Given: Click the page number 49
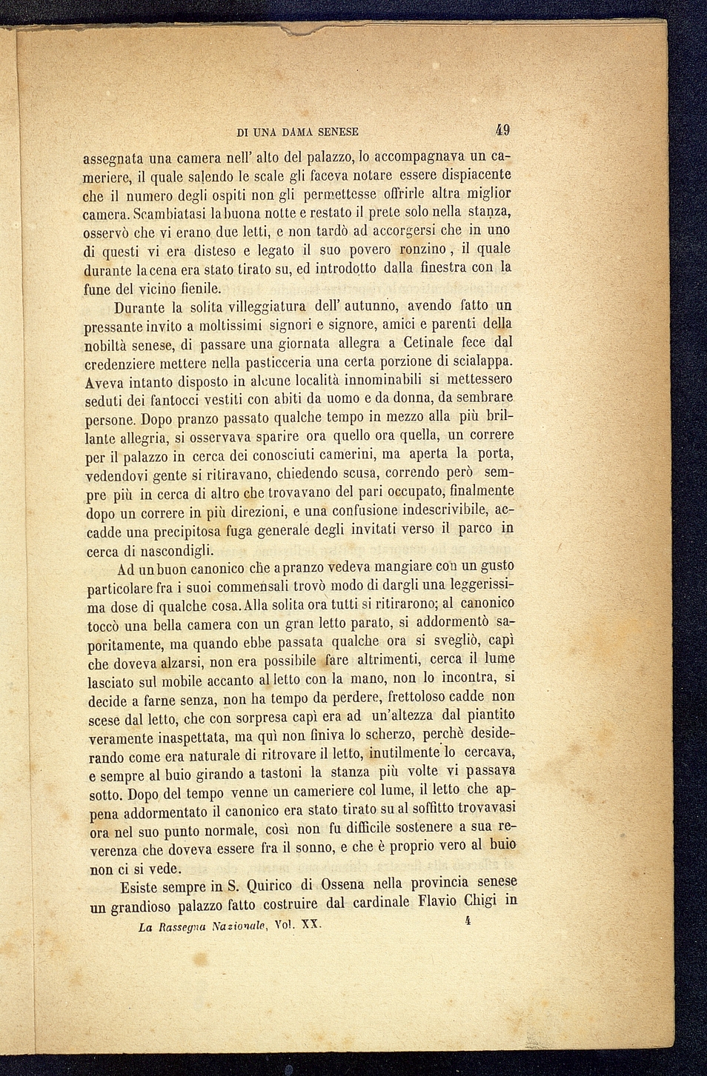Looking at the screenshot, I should coord(502,130).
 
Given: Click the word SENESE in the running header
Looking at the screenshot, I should coord(338,132).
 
